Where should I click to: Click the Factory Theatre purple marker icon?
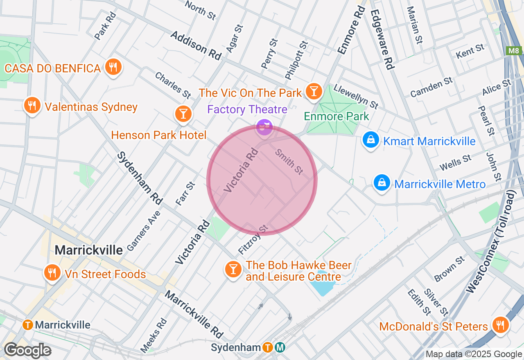click(x=264, y=127)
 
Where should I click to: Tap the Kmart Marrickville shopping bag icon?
click(x=370, y=140)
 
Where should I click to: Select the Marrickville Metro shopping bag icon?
click(x=382, y=182)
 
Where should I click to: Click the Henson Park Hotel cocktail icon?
click(x=183, y=113)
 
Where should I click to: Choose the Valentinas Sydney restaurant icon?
click(x=32, y=106)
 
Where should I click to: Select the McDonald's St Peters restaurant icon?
click(x=500, y=325)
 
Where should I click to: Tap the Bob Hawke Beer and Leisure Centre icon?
click(x=233, y=269)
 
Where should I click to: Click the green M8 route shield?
click(x=514, y=51)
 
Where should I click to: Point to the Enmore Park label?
click(x=337, y=116)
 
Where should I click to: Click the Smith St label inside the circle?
click(x=289, y=162)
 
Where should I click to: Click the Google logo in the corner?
click(x=27, y=351)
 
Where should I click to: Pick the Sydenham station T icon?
click(x=268, y=347)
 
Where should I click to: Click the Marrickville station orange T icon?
click(x=28, y=325)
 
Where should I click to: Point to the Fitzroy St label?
click(x=253, y=239)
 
